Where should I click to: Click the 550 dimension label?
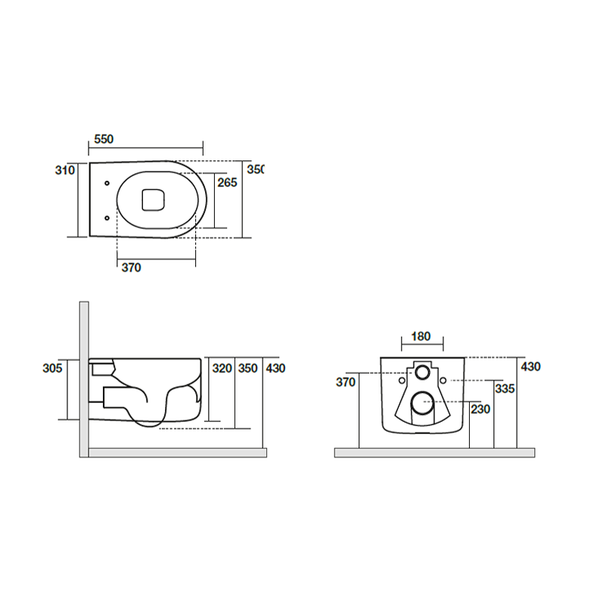click(104, 139)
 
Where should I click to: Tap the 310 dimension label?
click(64, 170)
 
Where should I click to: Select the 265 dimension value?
click(227, 182)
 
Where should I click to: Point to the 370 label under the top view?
click(131, 268)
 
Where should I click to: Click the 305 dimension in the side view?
click(52, 368)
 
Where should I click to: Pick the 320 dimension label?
click(222, 368)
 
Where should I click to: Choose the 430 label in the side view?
click(275, 368)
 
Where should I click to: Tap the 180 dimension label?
click(421, 337)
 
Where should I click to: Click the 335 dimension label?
click(505, 389)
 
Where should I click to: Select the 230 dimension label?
click(480, 408)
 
